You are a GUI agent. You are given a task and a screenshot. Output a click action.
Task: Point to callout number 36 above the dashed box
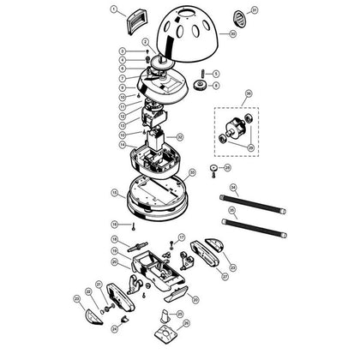coord(249,92)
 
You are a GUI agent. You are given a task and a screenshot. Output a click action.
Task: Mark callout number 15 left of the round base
coord(114,193)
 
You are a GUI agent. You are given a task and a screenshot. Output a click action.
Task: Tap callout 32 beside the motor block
coord(179,136)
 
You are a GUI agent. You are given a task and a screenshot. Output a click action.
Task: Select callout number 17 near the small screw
coord(182,237)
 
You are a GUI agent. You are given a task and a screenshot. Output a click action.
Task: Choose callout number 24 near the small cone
coord(114,327)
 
